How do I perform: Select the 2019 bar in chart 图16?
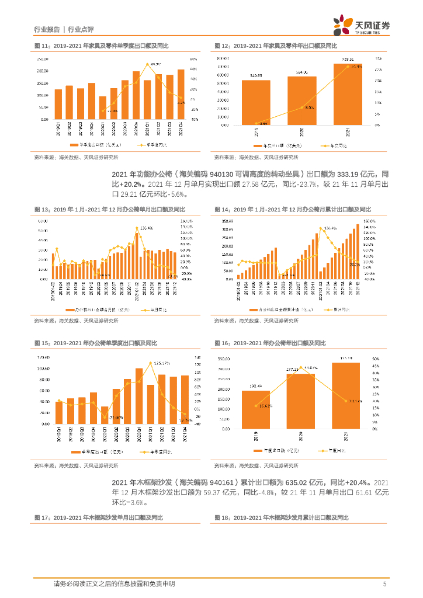point(256,409)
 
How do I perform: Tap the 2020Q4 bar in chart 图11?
point(136,96)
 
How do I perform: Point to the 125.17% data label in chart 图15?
point(162,363)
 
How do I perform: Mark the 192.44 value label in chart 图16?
point(256,387)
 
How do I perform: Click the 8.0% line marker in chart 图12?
point(301,108)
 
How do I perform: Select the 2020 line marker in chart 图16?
point(301,368)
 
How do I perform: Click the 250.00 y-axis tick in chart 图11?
point(42,59)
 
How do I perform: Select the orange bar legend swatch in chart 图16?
point(259,451)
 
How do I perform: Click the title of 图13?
point(109,208)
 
